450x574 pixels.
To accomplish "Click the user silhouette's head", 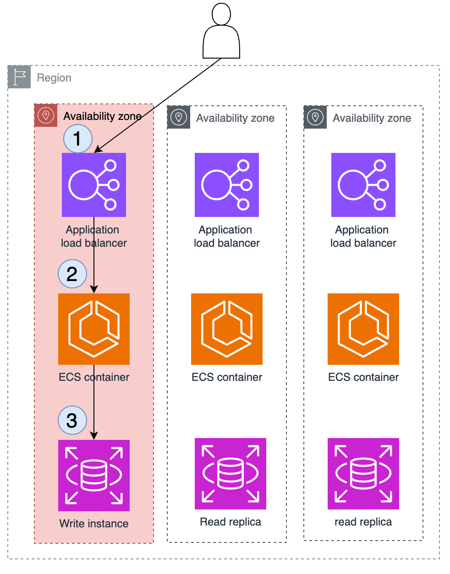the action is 221,14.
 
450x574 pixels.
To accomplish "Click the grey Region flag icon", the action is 19,76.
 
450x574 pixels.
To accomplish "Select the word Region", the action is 54,78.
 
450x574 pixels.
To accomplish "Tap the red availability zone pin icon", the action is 46,115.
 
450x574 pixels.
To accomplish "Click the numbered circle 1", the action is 78,138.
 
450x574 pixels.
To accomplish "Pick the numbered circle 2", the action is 72,274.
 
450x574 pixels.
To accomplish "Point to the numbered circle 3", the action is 72,420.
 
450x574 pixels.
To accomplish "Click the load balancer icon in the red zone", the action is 94,184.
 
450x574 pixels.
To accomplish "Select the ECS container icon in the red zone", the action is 94,329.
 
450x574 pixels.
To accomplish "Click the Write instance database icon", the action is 94,475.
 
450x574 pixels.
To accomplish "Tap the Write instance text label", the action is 94,523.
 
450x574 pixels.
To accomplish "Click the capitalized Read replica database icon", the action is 230,473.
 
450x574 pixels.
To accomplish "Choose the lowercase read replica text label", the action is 363,522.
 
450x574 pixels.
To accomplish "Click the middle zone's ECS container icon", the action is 226,329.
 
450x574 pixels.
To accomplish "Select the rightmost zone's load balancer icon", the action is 363,184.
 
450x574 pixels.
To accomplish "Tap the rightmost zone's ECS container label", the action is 363,377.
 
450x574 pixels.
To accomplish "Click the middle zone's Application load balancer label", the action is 226,236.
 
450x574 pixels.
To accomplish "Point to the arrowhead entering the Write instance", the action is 94,436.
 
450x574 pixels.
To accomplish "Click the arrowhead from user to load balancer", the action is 97,149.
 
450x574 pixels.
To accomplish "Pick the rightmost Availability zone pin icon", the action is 315,117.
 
